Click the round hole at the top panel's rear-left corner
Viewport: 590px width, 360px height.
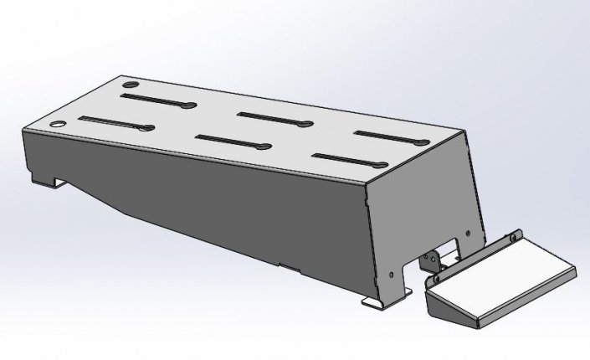(131, 86)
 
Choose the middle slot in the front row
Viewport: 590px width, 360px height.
(231, 142)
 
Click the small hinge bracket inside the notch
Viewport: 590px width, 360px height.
(431, 260)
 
